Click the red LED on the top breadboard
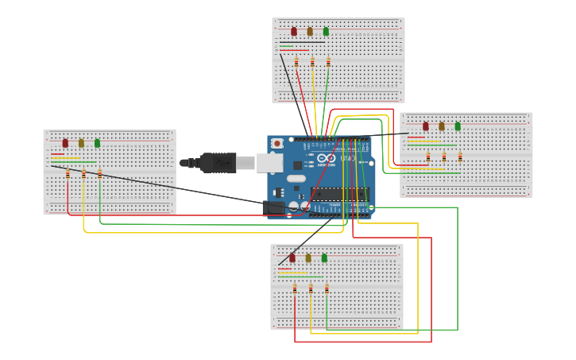point(294,32)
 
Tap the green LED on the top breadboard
point(326,32)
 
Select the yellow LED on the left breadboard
point(81,144)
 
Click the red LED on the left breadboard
point(65,144)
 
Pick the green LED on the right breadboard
point(458,126)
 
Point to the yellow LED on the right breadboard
point(442,126)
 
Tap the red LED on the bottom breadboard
point(292,258)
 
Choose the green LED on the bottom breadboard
point(324,258)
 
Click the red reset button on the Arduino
point(276,143)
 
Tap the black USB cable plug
point(218,163)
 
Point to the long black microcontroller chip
point(339,194)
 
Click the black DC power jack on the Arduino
point(273,208)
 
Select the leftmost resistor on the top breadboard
point(296,62)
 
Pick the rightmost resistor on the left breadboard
point(99,173)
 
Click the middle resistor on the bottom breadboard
point(311,288)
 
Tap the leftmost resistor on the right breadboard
point(428,157)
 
